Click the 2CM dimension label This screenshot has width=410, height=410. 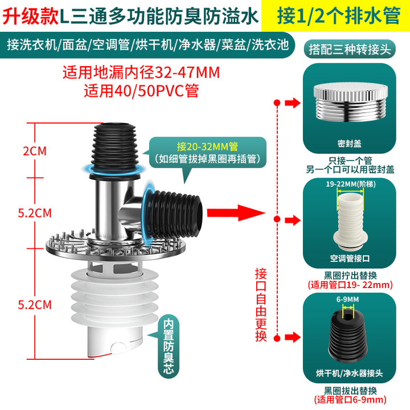(35, 151)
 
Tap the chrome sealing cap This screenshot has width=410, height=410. (350, 102)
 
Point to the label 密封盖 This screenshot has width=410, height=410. (349, 143)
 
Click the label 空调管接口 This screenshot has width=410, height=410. (350, 259)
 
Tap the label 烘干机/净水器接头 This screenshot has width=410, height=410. (349, 373)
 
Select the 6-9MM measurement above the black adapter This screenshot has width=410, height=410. (347, 300)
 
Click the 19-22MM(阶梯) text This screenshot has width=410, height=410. (351, 184)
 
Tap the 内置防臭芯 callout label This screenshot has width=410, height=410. (169, 346)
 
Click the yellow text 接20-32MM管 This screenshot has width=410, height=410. (207, 146)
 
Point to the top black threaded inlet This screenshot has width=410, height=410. (115, 149)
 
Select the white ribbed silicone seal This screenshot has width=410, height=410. (114, 297)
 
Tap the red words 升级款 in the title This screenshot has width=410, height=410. (31, 17)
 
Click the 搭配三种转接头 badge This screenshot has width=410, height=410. (350, 49)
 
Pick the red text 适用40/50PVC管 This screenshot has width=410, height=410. (141, 91)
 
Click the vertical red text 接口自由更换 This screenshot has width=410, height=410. (261, 305)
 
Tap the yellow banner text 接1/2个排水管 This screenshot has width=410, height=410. (339, 16)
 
